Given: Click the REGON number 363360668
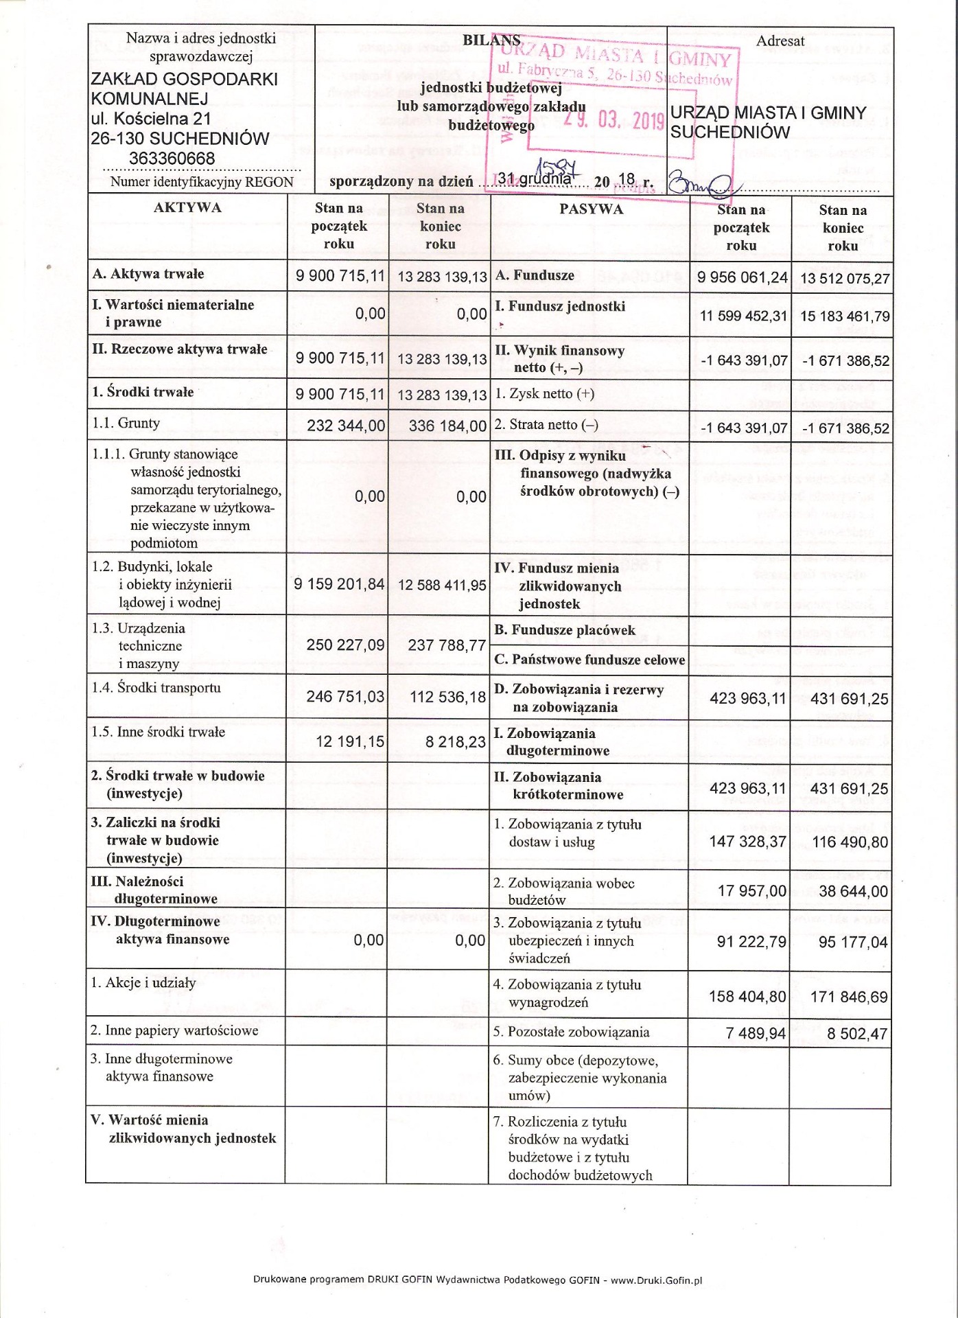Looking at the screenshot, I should click(x=172, y=159).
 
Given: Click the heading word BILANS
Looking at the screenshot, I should click(x=491, y=40).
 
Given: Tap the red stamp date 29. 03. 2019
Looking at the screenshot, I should click(x=614, y=120).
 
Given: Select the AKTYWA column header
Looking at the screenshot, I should click(x=187, y=208).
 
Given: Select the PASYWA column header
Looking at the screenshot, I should click(x=591, y=209).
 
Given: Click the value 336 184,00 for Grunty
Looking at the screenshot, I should click(x=447, y=426).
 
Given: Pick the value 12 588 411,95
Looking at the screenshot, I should click(x=441, y=585).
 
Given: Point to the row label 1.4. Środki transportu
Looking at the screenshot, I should click(x=156, y=687).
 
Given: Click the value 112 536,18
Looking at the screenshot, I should click(x=447, y=697).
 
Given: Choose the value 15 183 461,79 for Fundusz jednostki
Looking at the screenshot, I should click(x=845, y=316).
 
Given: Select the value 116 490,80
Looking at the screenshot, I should click(x=850, y=842).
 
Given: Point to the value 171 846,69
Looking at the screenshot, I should click(x=849, y=997).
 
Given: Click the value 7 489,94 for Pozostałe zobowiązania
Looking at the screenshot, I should click(x=756, y=1034).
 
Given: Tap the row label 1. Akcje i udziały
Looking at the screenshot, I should click(x=143, y=983).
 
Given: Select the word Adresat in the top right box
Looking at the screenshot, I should click(x=780, y=41).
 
